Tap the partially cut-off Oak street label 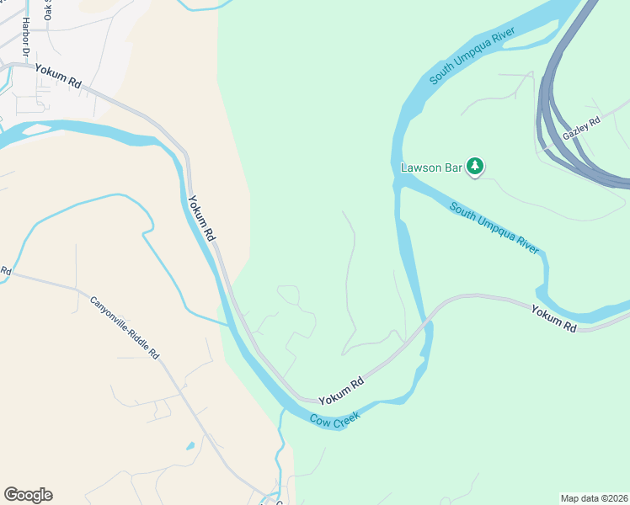(47, 10)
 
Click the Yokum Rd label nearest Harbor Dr (58, 77)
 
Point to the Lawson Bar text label (431, 167)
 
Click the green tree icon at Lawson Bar (476, 167)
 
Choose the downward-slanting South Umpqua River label (494, 227)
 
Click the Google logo (28, 495)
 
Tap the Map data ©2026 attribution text (594, 497)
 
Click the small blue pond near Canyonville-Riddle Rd (190, 445)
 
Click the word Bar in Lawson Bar (453, 167)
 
